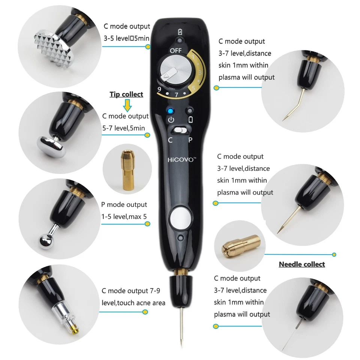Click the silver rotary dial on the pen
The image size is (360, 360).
(x=171, y=71)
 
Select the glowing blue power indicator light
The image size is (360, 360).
(x=171, y=111)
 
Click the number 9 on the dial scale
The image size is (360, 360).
(x=159, y=90)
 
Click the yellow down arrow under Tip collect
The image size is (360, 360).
(x=127, y=105)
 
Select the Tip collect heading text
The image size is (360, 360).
(x=126, y=94)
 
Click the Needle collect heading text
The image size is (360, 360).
(x=301, y=264)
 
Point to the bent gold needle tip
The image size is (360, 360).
(x=289, y=109)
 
